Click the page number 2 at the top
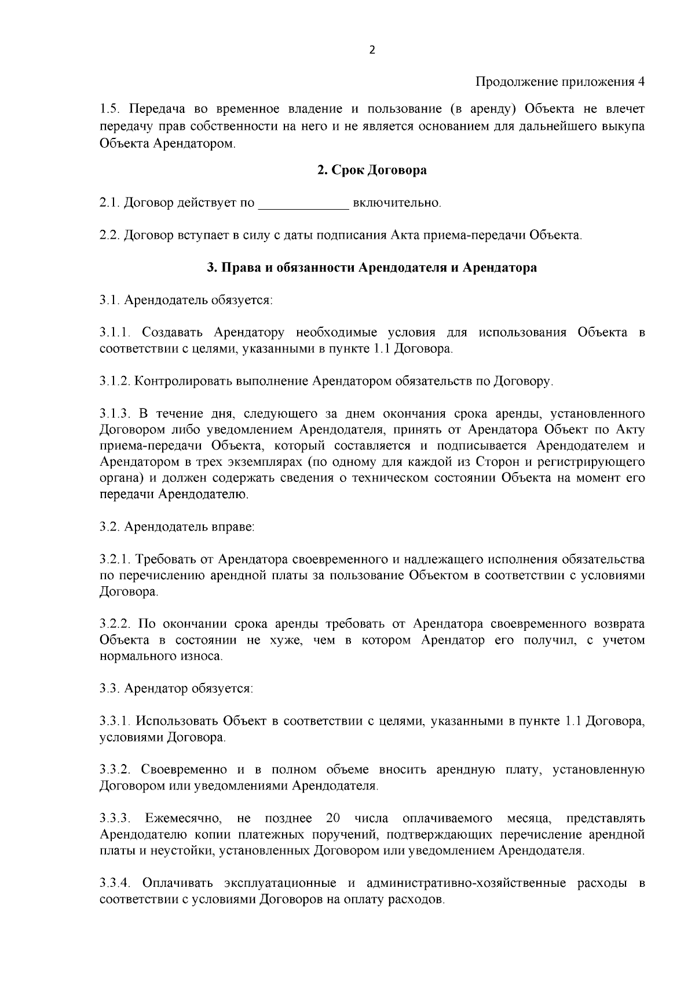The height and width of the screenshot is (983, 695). click(x=372, y=50)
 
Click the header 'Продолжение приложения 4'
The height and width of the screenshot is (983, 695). click(x=560, y=82)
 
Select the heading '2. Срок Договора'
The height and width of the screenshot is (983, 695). click(x=372, y=170)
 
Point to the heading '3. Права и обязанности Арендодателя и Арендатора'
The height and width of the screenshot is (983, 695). click(x=372, y=268)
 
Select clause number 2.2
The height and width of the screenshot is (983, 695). click(x=109, y=236)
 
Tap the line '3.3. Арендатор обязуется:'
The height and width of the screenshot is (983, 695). click(x=176, y=689)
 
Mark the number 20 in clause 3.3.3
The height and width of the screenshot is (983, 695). click(x=332, y=818)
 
